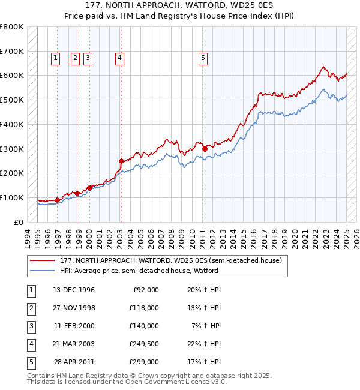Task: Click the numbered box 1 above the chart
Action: click(x=55, y=58)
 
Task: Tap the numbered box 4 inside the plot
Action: click(x=120, y=58)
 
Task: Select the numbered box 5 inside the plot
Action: click(x=203, y=58)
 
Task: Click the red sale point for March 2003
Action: click(x=121, y=161)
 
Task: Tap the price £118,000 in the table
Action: click(x=145, y=308)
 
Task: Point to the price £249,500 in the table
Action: click(x=145, y=344)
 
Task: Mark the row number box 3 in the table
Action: click(x=31, y=326)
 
